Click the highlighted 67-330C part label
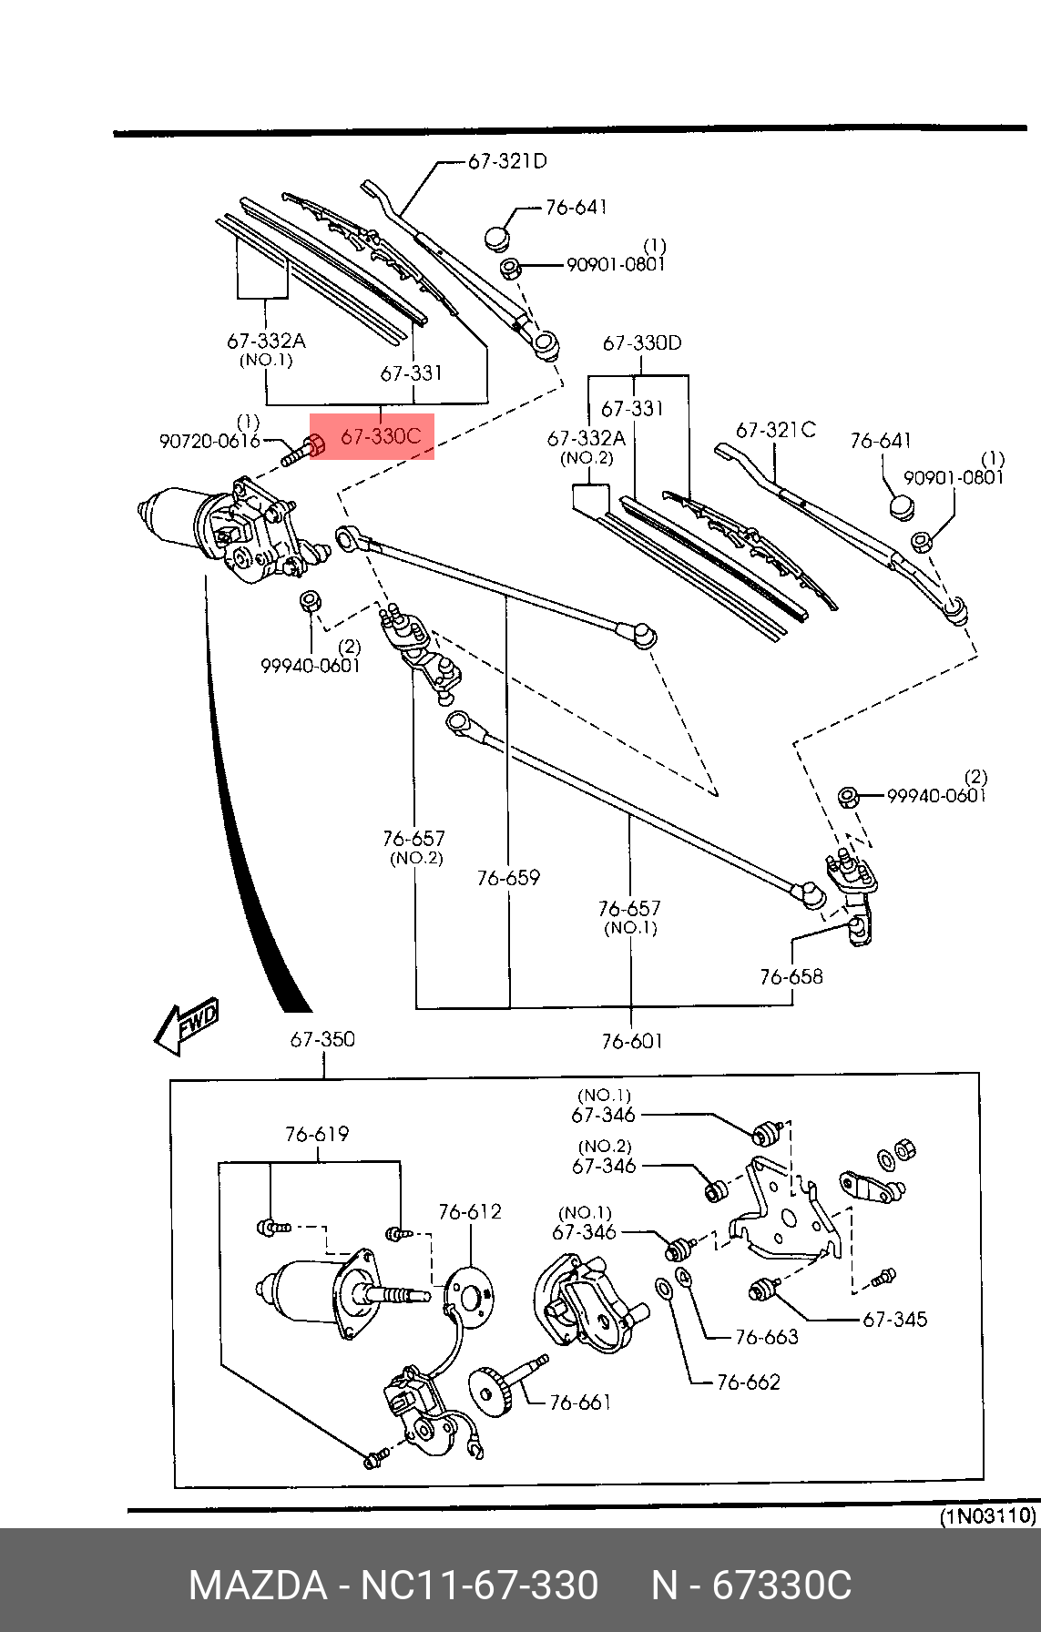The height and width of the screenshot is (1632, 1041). click(x=380, y=437)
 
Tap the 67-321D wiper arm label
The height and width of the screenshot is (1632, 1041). click(x=506, y=161)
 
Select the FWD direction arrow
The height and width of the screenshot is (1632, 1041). click(x=188, y=1025)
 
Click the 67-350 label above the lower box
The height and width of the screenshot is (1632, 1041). click(x=322, y=1039)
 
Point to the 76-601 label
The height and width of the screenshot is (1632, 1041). click(x=631, y=1041)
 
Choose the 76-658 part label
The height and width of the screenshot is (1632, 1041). click(x=791, y=976)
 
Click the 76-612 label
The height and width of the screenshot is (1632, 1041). click(x=469, y=1211)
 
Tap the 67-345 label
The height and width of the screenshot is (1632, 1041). click(x=894, y=1319)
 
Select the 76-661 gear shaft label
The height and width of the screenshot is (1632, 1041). click(x=580, y=1402)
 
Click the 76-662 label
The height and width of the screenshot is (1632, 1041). click(x=748, y=1382)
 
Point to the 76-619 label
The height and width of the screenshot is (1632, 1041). click(x=317, y=1134)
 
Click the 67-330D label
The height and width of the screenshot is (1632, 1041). click(x=641, y=343)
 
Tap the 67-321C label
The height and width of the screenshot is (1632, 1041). click(x=775, y=430)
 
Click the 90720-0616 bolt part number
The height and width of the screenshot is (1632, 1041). click(x=209, y=441)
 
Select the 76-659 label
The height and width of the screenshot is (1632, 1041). click(x=508, y=878)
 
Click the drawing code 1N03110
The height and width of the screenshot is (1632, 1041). click(x=988, y=1516)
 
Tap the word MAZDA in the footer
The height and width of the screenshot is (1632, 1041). click(x=257, y=1586)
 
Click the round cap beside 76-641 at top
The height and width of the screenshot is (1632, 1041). click(x=496, y=239)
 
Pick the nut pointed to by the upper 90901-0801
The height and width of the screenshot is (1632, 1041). click(x=511, y=268)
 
